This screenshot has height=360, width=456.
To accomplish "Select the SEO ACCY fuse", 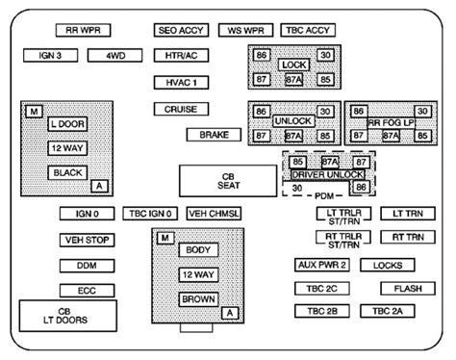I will [181, 31].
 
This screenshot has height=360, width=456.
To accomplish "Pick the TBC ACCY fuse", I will [308, 31].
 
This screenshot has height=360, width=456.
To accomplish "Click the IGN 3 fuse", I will [51, 56].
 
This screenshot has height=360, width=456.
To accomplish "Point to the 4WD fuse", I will [115, 56].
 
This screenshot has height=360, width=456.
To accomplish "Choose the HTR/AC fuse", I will [181, 56].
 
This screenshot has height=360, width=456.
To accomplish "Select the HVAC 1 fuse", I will [181, 83].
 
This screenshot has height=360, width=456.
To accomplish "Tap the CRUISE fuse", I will [181, 110].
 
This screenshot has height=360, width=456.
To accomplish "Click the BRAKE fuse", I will [214, 135].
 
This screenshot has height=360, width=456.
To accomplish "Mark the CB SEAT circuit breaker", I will [227, 180].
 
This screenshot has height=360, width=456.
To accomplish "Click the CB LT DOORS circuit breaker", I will [64, 317].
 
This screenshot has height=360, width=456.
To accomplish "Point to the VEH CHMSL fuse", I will [215, 214].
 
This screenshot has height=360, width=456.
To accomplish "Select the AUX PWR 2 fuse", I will [322, 265].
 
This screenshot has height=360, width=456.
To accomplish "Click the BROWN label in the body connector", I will [197, 299].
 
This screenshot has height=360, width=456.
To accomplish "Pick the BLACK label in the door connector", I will [68, 172].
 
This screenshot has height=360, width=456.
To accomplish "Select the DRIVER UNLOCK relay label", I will [329, 175].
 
